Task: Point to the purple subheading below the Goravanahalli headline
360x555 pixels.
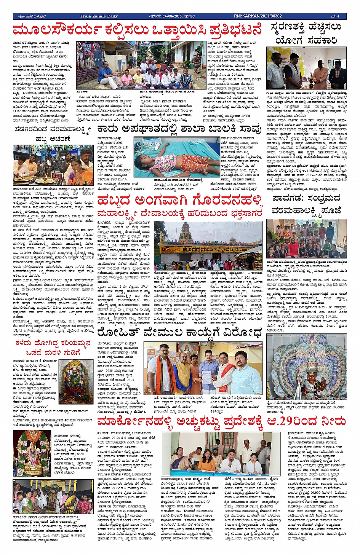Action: (x=179, y=214)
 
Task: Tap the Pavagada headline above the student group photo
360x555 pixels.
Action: (x=306, y=204)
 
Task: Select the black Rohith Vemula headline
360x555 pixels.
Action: (x=179, y=332)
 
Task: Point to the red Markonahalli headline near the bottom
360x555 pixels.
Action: (x=221, y=421)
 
